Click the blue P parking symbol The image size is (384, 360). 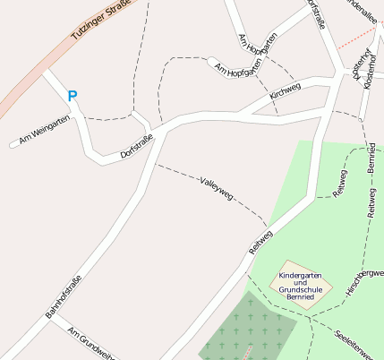click(x=73, y=95)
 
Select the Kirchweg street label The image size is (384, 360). click(x=285, y=91)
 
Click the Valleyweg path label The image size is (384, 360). click(x=217, y=186)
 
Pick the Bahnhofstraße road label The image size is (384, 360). click(x=64, y=298)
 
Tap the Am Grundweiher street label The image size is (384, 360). click(x=90, y=341)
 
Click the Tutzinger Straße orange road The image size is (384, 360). click(x=36, y=81)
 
